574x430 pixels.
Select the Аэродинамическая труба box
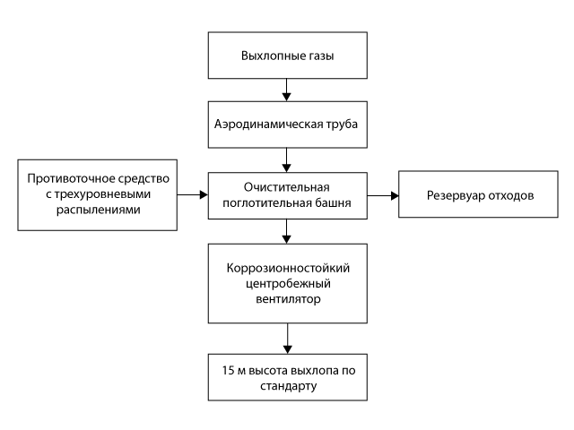tap(287, 123)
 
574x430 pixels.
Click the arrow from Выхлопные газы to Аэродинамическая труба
tap(287, 89)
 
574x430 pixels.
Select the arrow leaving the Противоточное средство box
tap(192, 194)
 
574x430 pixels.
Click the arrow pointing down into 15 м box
tap(287, 340)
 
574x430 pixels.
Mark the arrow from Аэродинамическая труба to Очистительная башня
tap(287, 157)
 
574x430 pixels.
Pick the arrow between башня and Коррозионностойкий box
tap(287, 231)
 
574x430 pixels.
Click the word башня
tap(331, 202)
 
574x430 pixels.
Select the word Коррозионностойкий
tap(287, 270)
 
